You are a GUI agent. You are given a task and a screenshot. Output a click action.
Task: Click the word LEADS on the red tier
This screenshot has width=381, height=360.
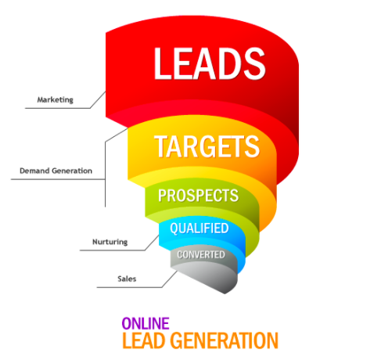[x=210, y=63]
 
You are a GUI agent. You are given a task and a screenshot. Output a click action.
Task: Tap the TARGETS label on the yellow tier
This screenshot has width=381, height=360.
[x=207, y=146]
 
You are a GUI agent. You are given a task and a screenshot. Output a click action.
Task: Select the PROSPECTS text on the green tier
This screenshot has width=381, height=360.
[x=198, y=196]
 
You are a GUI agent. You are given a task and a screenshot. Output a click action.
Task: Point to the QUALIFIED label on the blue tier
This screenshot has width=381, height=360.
[x=199, y=229]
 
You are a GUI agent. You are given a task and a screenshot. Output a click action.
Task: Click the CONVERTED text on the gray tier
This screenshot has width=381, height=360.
[x=201, y=254]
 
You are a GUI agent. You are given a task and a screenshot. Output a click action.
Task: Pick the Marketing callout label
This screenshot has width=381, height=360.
[x=56, y=99]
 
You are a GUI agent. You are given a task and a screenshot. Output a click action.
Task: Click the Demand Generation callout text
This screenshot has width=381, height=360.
[x=56, y=171]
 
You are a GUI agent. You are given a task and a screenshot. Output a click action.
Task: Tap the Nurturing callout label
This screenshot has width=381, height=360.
[x=110, y=242]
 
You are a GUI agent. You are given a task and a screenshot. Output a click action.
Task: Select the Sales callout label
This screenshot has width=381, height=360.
[x=127, y=279]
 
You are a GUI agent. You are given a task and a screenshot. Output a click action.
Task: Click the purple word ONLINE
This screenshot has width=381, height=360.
[x=146, y=323]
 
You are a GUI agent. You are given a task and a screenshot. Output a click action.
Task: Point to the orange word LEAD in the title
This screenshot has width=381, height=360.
[x=143, y=340]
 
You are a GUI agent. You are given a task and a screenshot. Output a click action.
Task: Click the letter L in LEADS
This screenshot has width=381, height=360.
[x=163, y=63]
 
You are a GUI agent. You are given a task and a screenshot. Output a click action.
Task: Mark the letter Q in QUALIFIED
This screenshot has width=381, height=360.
[x=174, y=229]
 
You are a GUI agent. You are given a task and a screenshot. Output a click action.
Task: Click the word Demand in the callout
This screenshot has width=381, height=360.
[x=34, y=171]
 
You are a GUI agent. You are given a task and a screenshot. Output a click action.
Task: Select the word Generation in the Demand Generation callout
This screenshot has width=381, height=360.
[x=72, y=171]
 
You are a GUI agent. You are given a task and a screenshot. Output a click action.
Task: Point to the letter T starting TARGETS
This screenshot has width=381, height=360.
[x=161, y=146]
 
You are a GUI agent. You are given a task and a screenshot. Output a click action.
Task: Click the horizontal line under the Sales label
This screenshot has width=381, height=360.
[x=129, y=287]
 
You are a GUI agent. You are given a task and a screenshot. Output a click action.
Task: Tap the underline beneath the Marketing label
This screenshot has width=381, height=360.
[x=58, y=108]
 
